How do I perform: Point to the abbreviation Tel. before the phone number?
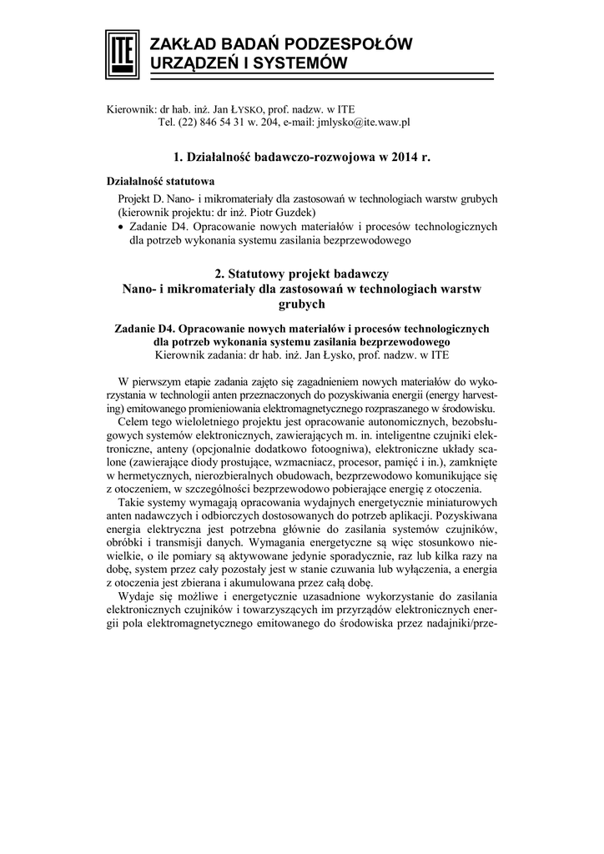tap(166, 122)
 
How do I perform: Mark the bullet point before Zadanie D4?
tap(122, 226)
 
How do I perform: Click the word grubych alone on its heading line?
tap(301, 305)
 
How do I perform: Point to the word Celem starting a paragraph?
tap(136, 423)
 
